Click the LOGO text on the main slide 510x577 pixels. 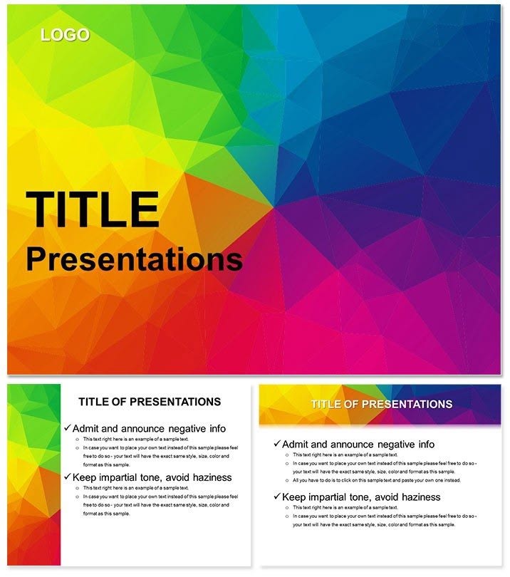pyautogui.click(x=65, y=35)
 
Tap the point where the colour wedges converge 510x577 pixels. pyautogui.click(x=273, y=209)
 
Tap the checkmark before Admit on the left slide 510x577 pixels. pyautogui.click(x=67, y=428)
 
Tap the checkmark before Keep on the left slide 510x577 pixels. pyautogui.click(x=67, y=477)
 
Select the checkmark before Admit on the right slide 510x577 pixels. pyautogui.click(x=277, y=444)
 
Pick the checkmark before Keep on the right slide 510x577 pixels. pyautogui.click(x=277, y=497)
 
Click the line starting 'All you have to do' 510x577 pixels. pyautogui.click(x=377, y=480)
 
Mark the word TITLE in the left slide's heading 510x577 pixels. pyautogui.click(x=93, y=402)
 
